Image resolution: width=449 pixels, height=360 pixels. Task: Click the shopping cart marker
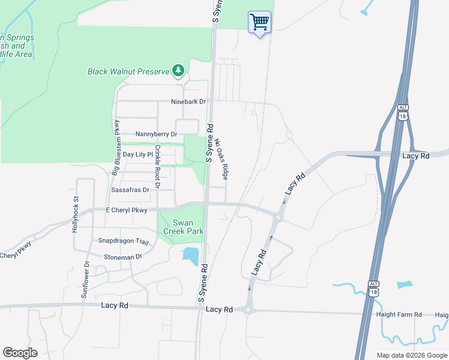click(x=259, y=23)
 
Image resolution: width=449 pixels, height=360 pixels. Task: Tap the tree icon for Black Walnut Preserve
click(x=178, y=71)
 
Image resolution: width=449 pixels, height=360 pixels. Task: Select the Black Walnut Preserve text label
click(x=129, y=71)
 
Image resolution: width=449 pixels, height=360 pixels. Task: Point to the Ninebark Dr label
click(x=188, y=101)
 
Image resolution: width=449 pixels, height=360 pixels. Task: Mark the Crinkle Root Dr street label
click(x=157, y=167)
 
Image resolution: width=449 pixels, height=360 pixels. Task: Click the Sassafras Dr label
click(x=130, y=190)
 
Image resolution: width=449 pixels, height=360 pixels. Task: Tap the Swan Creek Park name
click(x=184, y=227)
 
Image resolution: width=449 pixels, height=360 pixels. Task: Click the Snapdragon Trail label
click(x=123, y=241)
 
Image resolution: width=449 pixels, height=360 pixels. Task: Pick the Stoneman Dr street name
click(x=122, y=256)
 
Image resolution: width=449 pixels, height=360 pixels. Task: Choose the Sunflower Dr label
click(x=86, y=280)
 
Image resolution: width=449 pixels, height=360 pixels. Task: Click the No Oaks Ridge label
click(x=221, y=160)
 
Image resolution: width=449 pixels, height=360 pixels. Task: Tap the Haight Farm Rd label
click(x=399, y=314)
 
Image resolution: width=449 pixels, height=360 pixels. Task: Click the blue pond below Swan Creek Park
click(x=190, y=256)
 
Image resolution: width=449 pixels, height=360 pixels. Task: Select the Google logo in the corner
click(x=20, y=353)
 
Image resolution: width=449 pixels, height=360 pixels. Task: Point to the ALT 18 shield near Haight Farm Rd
click(x=373, y=288)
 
